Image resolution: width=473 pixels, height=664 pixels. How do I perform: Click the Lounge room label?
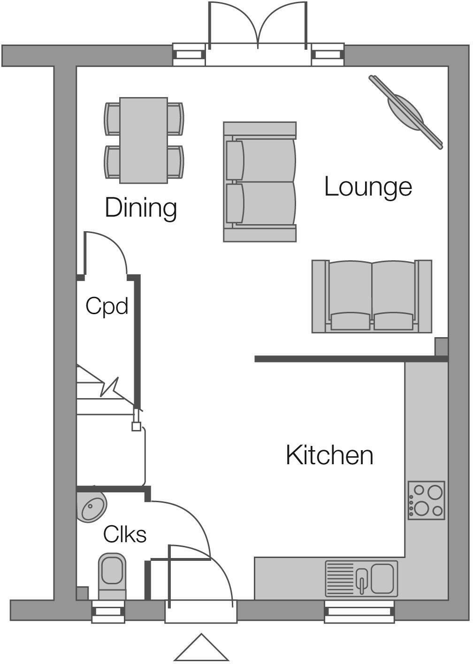point(368,187)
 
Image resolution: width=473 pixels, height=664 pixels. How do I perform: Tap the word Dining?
point(141,208)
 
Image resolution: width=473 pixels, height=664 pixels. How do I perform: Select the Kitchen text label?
point(329,455)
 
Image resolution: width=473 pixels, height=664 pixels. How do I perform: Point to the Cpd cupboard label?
point(107,306)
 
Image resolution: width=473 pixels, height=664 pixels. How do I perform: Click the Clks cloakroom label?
point(125,534)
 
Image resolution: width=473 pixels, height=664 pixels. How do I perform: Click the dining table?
point(144,140)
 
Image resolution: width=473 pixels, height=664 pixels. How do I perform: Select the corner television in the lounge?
point(405,112)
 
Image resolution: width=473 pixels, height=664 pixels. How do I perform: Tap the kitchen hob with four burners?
point(426,500)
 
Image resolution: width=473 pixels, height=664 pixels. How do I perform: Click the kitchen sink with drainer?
point(361,578)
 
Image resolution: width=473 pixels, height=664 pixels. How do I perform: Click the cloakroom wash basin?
point(92,507)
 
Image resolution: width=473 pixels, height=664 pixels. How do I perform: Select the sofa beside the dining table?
point(259,182)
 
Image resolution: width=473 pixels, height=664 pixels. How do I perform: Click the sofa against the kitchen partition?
point(372,296)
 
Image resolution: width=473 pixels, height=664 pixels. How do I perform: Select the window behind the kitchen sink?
point(359,612)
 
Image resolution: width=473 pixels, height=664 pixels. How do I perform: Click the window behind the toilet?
point(108,612)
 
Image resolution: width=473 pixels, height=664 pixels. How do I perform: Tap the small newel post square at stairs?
point(136,426)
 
